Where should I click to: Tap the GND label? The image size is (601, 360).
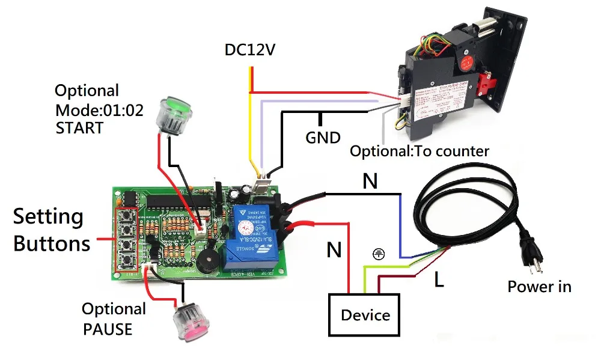323,138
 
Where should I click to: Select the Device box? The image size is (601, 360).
365,315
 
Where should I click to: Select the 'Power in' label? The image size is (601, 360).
539,287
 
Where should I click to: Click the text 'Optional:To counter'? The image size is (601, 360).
419,151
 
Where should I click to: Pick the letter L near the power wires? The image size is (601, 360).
439,279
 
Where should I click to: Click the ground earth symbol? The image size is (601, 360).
377,254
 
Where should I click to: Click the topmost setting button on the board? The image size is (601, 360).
127,215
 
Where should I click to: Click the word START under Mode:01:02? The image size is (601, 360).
79,128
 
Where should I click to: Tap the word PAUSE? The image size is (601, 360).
107,329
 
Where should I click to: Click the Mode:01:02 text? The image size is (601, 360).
99,110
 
